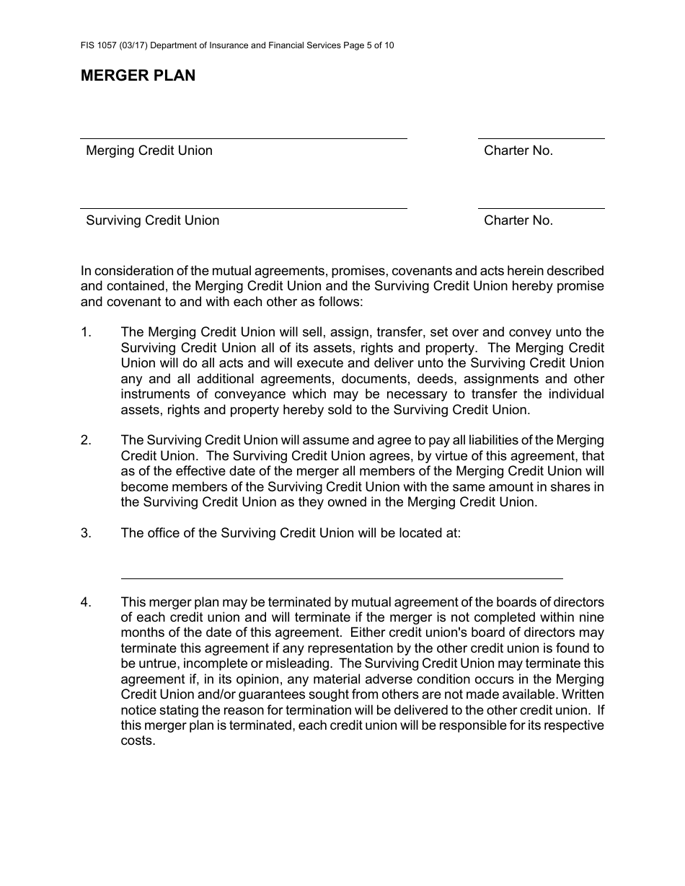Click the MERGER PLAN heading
point(138,76)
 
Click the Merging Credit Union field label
point(149,151)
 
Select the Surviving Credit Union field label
point(152,220)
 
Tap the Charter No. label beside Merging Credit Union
point(518,151)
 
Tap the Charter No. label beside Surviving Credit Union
point(518,220)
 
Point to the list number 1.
point(87,332)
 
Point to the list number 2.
point(87,440)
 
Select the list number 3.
point(87,533)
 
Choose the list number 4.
point(87,602)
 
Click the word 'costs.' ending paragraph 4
point(138,740)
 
